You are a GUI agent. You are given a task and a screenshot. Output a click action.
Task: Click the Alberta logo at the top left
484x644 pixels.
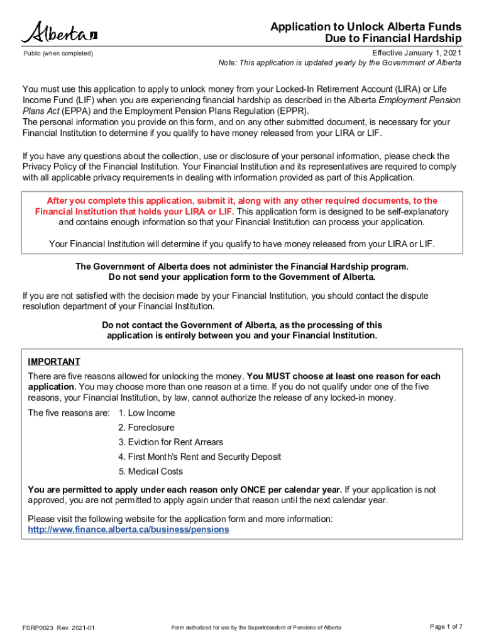click(x=60, y=32)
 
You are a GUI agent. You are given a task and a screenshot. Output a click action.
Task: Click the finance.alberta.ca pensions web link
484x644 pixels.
click(x=129, y=530)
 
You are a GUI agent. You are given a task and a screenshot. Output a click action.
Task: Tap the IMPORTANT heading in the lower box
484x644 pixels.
click(x=54, y=362)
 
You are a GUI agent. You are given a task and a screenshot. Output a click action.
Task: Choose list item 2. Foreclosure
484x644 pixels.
click(x=146, y=428)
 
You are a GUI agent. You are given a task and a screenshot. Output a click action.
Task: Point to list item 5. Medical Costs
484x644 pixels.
click(x=150, y=471)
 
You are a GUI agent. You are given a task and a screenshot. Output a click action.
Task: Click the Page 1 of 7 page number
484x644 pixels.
click(x=446, y=626)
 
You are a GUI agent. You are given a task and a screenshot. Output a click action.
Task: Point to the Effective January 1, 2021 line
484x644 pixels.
click(x=417, y=53)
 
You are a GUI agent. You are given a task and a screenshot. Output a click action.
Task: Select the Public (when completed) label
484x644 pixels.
click(x=58, y=53)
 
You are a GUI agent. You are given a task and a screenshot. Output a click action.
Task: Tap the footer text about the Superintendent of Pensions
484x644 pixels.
click(x=256, y=628)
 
